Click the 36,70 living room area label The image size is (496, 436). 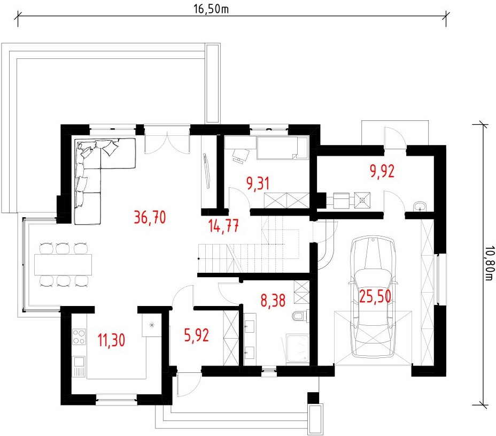(x=150, y=218)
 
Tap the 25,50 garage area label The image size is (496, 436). (x=375, y=296)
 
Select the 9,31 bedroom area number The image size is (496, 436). (x=258, y=183)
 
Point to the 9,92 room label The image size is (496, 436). (x=382, y=171)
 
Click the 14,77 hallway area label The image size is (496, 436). (x=223, y=226)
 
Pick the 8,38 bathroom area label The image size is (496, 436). (x=273, y=300)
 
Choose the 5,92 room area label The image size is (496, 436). (x=197, y=335)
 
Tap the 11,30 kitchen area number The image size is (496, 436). (x=111, y=340)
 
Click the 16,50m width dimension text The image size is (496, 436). (x=211, y=9)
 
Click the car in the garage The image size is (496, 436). (x=373, y=297)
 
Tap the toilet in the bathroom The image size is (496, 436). (x=299, y=316)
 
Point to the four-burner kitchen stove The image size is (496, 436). (x=79, y=336)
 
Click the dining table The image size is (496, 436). (x=63, y=265)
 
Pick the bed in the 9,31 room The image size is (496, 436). (x=282, y=148)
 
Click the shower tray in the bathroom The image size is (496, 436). (x=297, y=348)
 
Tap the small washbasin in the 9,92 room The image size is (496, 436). (x=420, y=206)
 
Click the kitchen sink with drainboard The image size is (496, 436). (x=79, y=366)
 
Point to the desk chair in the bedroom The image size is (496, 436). (x=241, y=155)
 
